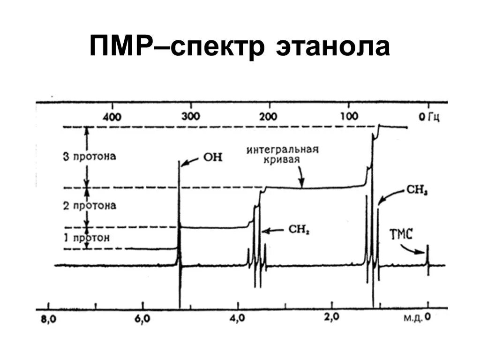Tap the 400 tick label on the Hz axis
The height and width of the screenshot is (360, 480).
pos(113,117)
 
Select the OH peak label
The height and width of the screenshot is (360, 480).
pos(212,158)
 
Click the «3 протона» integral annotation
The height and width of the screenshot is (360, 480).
pos(90,156)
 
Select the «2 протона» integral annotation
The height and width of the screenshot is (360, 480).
pos(90,205)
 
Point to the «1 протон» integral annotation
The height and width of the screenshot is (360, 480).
pos(87,238)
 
